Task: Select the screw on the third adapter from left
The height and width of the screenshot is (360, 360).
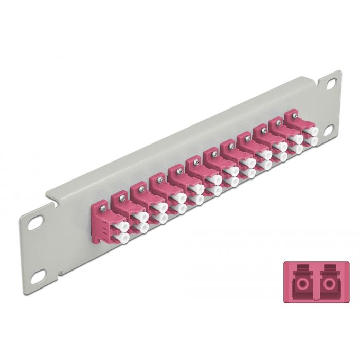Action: pyautogui.click(x=140, y=189)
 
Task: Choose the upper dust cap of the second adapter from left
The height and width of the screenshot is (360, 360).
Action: pyautogui.click(x=139, y=218)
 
